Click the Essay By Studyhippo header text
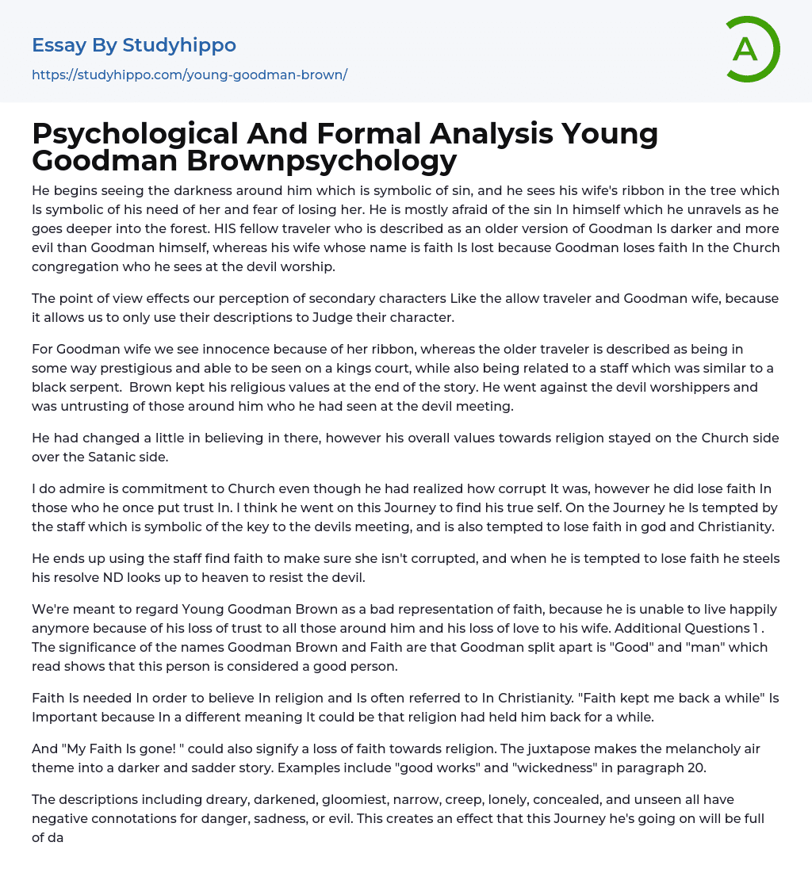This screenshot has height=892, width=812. click(x=134, y=45)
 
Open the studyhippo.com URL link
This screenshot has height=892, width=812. click(x=190, y=75)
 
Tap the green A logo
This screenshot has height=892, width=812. click(x=746, y=49)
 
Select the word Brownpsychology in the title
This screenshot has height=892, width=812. click(x=321, y=160)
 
